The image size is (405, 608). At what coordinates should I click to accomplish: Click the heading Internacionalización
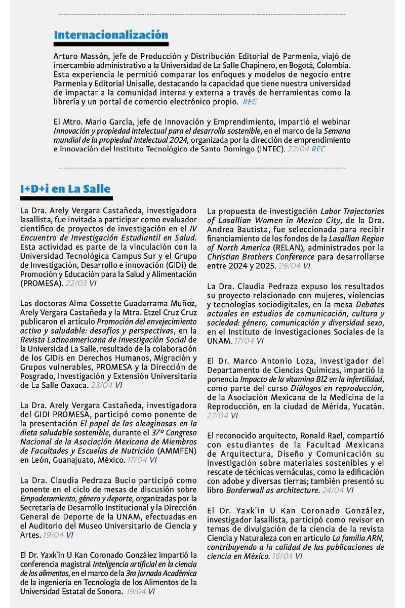[x=111, y=35]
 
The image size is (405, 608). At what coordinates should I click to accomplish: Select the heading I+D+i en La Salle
[x=65, y=189]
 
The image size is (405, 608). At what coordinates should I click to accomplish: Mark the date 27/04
[x=217, y=416]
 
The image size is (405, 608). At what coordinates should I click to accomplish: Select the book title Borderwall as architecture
[x=273, y=490]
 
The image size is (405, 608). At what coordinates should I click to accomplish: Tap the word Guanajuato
[x=67, y=460]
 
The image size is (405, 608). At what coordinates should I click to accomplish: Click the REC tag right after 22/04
[x=318, y=149]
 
